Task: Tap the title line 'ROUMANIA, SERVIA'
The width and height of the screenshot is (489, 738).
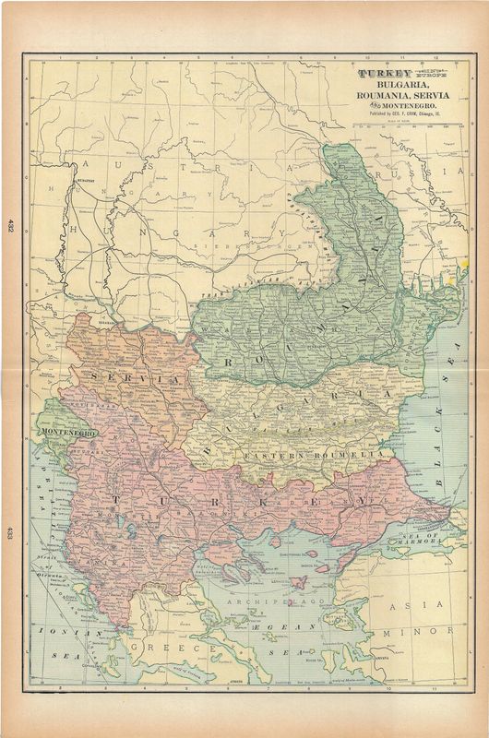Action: click(404, 96)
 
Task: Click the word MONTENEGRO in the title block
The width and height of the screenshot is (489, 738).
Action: click(413, 107)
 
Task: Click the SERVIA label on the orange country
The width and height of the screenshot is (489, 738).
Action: click(119, 380)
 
